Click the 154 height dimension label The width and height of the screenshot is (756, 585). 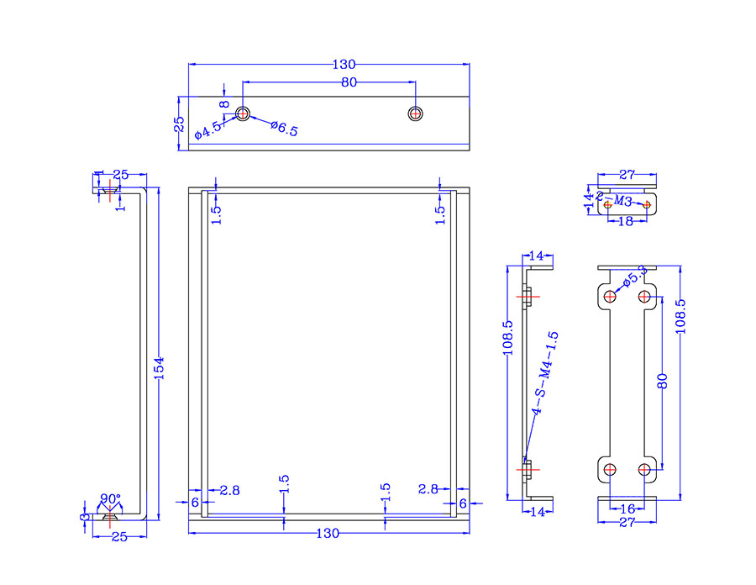pyautogui.click(x=160, y=367)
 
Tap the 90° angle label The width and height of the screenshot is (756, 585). pyautogui.click(x=110, y=498)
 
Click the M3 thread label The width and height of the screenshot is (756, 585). pyautogui.click(x=622, y=201)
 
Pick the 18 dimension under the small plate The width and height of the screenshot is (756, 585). pyautogui.click(x=626, y=223)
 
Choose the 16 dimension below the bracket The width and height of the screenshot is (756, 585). pyautogui.click(x=626, y=509)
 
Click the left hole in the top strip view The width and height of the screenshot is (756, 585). pyautogui.click(x=243, y=113)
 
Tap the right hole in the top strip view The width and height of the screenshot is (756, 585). pyautogui.click(x=415, y=113)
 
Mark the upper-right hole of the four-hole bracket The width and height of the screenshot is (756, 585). pyautogui.click(x=644, y=296)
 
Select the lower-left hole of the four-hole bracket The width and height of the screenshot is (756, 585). pyautogui.click(x=609, y=468)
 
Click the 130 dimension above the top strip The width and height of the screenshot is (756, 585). pyautogui.click(x=344, y=64)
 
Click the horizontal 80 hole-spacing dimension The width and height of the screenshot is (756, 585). pyautogui.click(x=349, y=82)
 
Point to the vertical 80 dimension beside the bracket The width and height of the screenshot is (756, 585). pyautogui.click(x=663, y=380)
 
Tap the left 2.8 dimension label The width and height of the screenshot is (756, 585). pyautogui.click(x=229, y=489)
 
